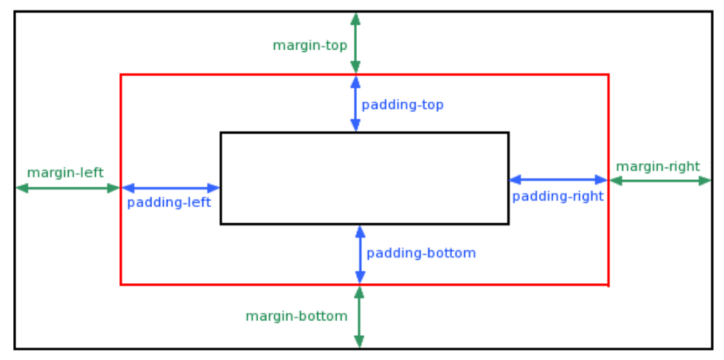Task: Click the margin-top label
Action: pyautogui.click(x=310, y=46)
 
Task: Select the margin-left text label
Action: pyautogui.click(x=65, y=173)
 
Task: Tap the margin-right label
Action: pyautogui.click(x=658, y=167)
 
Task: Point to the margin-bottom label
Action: pyautogui.click(x=296, y=317)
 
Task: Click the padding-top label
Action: pyautogui.click(x=402, y=105)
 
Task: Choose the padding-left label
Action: pyautogui.click(x=169, y=203)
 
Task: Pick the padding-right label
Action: pyautogui.click(x=558, y=196)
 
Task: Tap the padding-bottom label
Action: pyautogui.click(x=421, y=254)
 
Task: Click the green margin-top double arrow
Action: pyautogui.click(x=355, y=43)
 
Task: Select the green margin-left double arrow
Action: pyautogui.click(x=68, y=188)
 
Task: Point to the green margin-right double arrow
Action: pyautogui.click(x=660, y=181)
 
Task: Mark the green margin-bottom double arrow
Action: pyautogui.click(x=359, y=317)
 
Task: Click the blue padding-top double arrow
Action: pyautogui.click(x=355, y=103)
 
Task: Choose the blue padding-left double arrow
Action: pyautogui.click(x=171, y=188)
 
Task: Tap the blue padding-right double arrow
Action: pyautogui.click(x=558, y=180)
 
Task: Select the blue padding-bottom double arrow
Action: pyautogui.click(x=360, y=254)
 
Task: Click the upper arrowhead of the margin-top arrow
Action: pyautogui.click(x=355, y=18)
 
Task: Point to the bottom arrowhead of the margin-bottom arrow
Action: pyautogui.click(x=359, y=341)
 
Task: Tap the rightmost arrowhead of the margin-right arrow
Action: pyautogui.click(x=705, y=181)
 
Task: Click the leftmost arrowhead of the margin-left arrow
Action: pyautogui.click(x=22, y=188)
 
